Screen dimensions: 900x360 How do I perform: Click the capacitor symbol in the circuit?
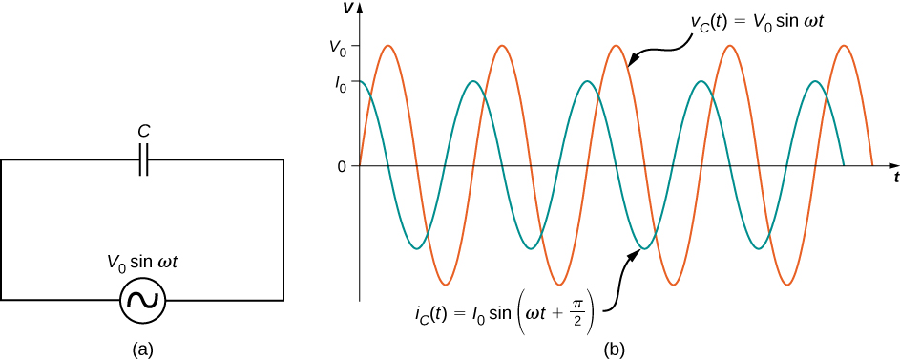coord(142,159)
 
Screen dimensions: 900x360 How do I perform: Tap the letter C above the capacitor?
coord(142,130)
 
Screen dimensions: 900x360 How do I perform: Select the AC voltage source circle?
coord(143,302)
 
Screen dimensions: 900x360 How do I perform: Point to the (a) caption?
coord(142,349)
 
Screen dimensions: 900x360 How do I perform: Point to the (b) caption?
coord(616,349)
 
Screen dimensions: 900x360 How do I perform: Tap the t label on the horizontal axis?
coord(896,179)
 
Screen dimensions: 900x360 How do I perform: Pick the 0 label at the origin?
coord(341,166)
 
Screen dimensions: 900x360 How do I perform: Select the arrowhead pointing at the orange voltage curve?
coord(631,66)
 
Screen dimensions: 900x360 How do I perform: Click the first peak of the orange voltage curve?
coord(388,46)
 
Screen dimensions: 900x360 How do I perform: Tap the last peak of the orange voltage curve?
coord(845,46)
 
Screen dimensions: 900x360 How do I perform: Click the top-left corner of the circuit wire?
coord(2,159)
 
